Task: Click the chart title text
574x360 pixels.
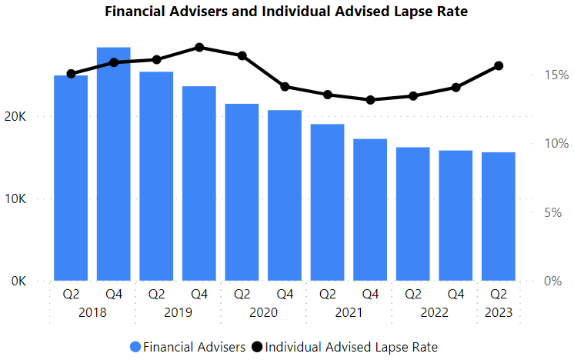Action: pyautogui.click(x=285, y=12)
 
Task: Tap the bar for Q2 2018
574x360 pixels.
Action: pyautogui.click(x=71, y=178)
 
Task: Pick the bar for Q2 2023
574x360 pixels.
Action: pyautogui.click(x=499, y=216)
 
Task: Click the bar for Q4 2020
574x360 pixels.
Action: pyautogui.click(x=285, y=195)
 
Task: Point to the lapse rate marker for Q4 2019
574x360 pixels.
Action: pyautogui.click(x=199, y=47)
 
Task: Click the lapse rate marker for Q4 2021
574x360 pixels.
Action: pyautogui.click(x=371, y=100)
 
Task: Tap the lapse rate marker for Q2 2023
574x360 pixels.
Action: pyautogui.click(x=499, y=66)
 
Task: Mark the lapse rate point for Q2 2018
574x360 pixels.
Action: pyautogui.click(x=71, y=74)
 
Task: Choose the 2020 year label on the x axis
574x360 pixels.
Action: pyautogui.click(x=263, y=313)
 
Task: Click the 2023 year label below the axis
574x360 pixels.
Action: pyautogui.click(x=499, y=313)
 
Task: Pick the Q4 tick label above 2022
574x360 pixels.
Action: pyautogui.click(x=456, y=294)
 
